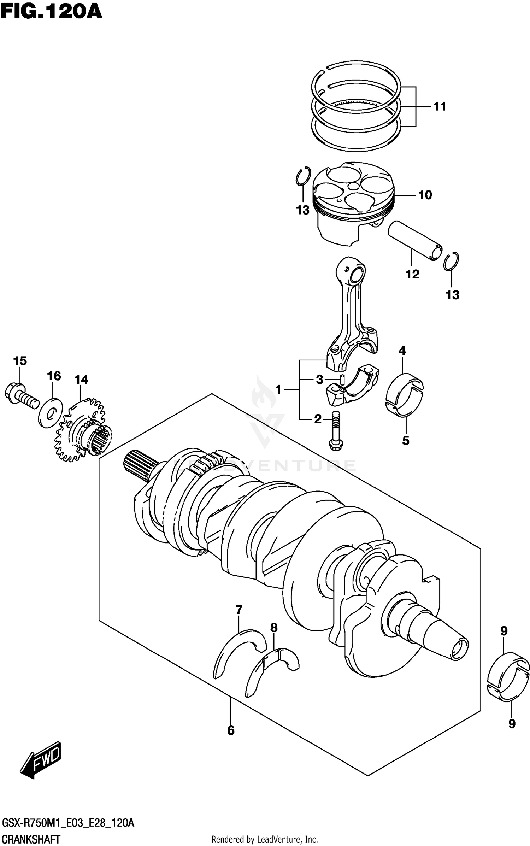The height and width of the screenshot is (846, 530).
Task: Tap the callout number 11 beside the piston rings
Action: (440, 106)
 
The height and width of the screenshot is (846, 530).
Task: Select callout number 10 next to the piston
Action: (425, 195)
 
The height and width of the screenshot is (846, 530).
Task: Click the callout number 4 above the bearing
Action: (402, 351)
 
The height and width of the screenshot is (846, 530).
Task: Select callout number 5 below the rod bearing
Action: (406, 441)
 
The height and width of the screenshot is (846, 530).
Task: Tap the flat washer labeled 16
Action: (50, 412)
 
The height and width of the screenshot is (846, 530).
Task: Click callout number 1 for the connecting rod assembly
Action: (278, 390)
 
